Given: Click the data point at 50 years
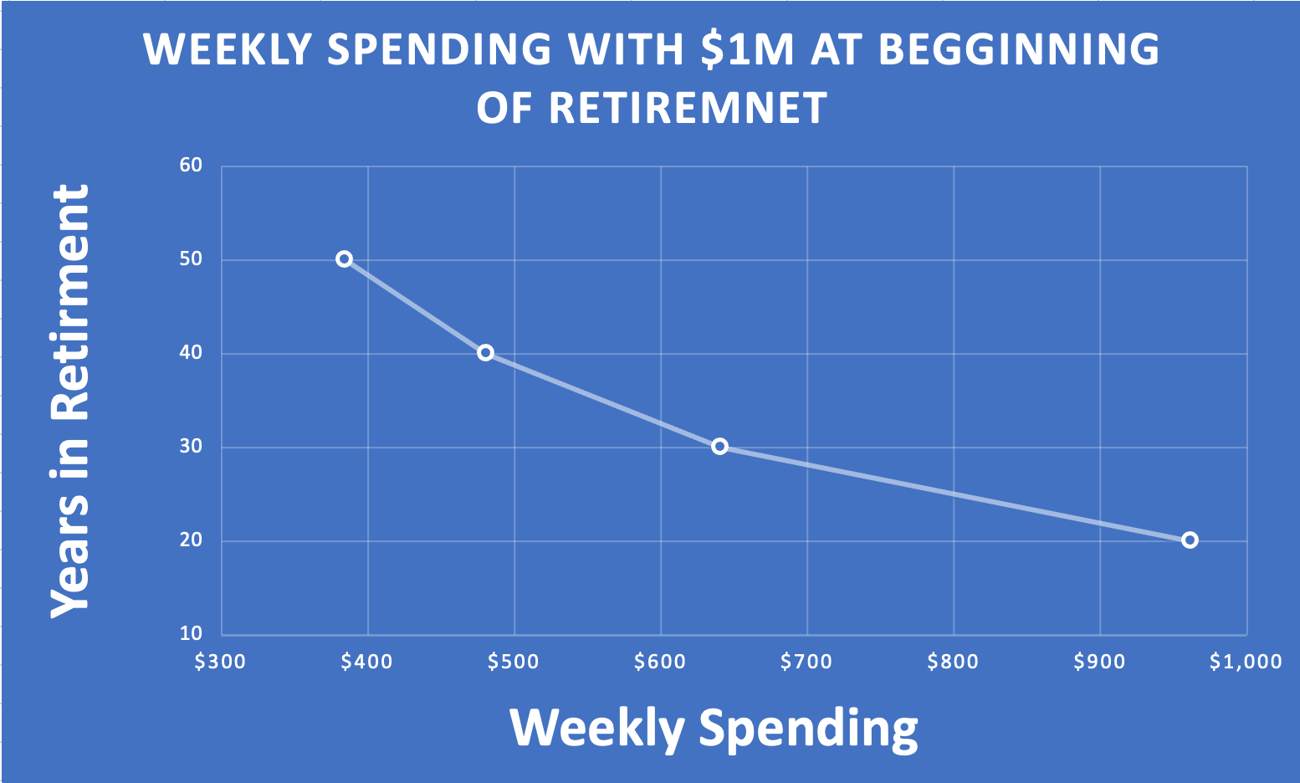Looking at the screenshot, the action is pos(344,258).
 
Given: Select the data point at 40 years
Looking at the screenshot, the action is pos(486,352).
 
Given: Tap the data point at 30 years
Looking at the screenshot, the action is pos(719,447).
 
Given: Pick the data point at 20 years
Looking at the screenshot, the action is pos(1190,540).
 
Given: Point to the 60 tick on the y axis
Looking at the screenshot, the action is pos(191,166).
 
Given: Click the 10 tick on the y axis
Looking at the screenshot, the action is pos(191,633).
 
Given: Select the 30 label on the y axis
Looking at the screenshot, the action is pos(191,447).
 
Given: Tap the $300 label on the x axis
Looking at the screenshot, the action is pos(220,662).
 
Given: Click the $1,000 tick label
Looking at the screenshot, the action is pos(1246,662).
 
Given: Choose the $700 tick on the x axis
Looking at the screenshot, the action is pos(806,662).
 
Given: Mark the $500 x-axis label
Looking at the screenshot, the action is pos(513,662).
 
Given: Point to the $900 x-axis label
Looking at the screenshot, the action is pos(1099,662).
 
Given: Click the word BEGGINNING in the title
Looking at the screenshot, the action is pos(1019,49).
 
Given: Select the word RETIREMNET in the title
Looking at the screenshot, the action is pos(688,108).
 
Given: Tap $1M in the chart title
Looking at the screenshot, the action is pos(747,49).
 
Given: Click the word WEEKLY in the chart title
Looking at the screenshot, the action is pos(228,49).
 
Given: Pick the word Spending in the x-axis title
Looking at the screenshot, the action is pos(808,729).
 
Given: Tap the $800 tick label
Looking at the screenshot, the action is pos(953,662).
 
